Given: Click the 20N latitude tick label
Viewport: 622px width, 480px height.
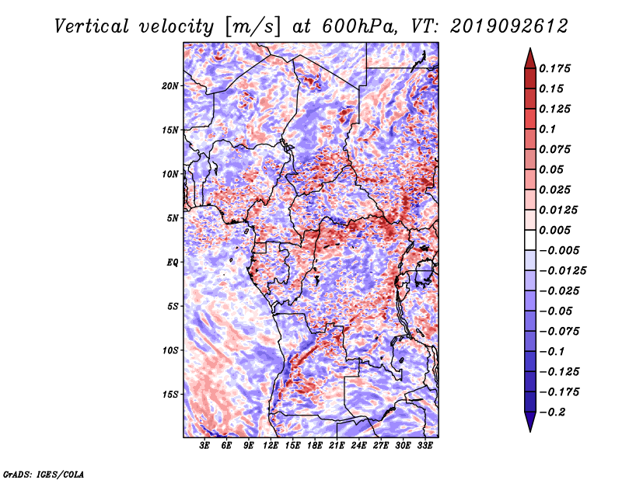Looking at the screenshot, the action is (170, 86).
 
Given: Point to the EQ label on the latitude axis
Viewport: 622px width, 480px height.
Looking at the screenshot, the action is (172, 263).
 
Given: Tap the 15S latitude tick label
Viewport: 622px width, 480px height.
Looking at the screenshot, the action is (170, 395).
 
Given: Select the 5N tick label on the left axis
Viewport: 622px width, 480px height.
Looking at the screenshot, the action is (173, 218).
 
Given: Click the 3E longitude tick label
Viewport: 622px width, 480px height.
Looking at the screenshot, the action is (204, 445).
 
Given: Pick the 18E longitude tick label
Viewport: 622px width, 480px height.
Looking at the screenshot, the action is (315, 445).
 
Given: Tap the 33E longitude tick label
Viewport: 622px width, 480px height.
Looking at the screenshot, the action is (425, 445).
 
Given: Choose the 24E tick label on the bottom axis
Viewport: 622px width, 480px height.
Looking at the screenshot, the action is (358, 445).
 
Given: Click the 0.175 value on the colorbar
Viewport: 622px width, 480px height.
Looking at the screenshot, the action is (554, 68).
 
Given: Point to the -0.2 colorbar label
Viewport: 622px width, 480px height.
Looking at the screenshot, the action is (552, 412).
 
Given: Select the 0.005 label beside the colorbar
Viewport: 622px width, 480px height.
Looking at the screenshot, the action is (554, 230).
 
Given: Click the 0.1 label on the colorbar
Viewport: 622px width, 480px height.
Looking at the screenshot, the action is (547, 129).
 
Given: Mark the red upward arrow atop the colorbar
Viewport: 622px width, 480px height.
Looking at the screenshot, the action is (530, 58).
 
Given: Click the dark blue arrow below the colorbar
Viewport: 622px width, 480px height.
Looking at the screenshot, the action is (530, 422).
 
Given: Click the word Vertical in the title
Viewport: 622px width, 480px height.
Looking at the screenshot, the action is (92, 26).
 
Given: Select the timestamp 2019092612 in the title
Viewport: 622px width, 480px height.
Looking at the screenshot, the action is (509, 26).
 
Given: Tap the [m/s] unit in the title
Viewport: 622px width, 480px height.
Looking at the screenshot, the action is (253, 27).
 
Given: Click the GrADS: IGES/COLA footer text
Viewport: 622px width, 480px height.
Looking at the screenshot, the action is (44, 474).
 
